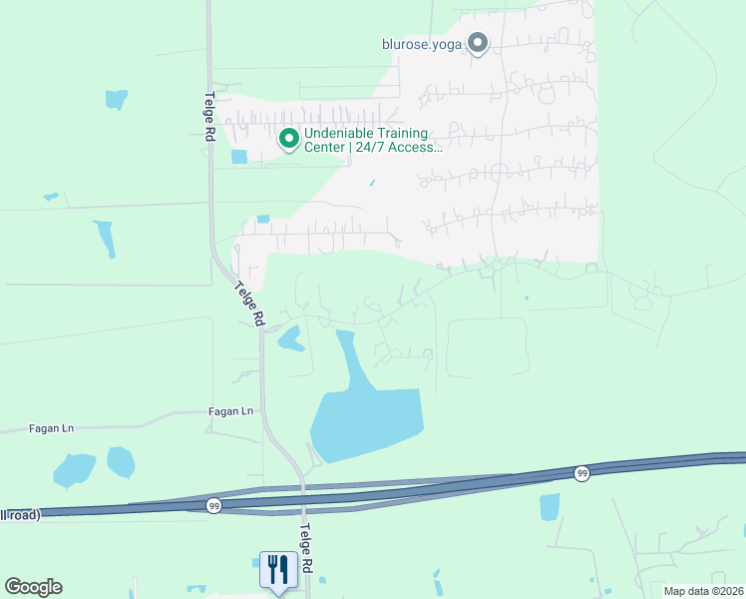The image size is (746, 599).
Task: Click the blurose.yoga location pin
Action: pos(478,43)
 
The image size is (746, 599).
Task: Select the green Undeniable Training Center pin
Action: pos(289,139)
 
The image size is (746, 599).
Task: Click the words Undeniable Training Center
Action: pos(366,134)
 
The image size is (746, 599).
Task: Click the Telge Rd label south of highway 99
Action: pos(307,548)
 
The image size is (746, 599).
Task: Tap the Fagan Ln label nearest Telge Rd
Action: pos(231,410)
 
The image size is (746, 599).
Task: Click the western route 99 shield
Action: pos(214,506)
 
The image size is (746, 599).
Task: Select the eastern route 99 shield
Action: pos(581,473)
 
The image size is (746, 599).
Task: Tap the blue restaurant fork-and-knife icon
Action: pos(276,570)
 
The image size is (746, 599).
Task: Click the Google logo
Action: pos(33,587)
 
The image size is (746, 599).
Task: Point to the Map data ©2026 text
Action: pos(702,591)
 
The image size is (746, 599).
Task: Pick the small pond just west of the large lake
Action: pos(290,337)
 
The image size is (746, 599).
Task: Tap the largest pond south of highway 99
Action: pos(550,506)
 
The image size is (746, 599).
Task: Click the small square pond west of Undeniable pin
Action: pos(239,156)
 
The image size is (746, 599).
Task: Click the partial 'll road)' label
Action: pos(19,515)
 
